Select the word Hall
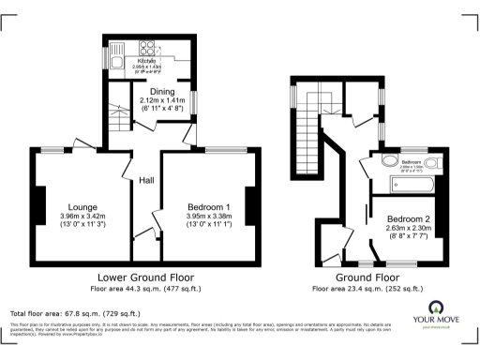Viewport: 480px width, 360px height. coord(147,180)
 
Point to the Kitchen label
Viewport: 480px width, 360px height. coord(148,60)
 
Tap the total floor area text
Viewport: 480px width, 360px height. coord(75,313)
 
